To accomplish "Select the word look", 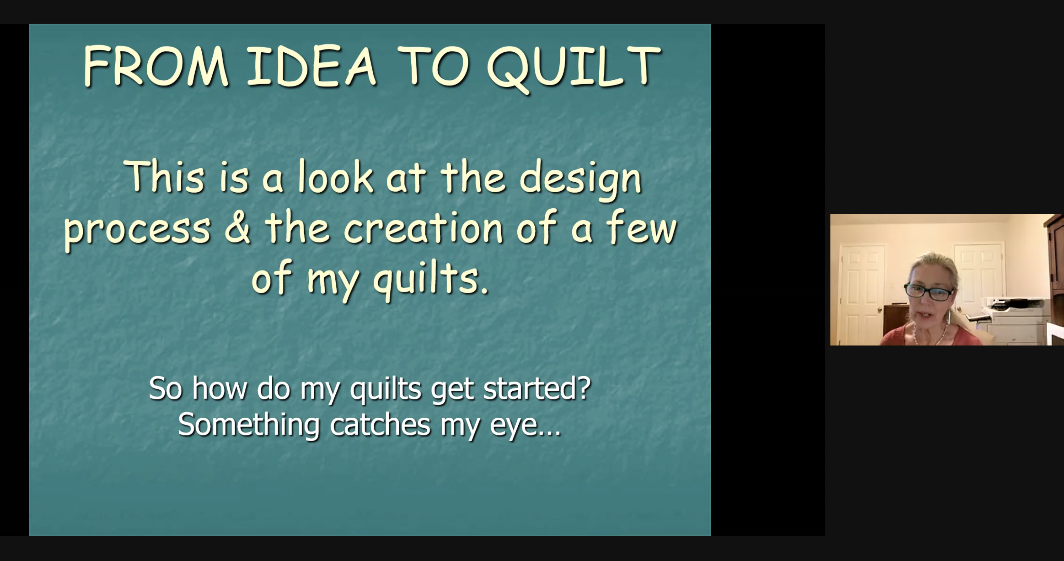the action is pyautogui.click(x=335, y=177).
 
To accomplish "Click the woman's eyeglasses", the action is pyautogui.click(x=929, y=292).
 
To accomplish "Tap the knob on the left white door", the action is pyautogui.click(x=880, y=309).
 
